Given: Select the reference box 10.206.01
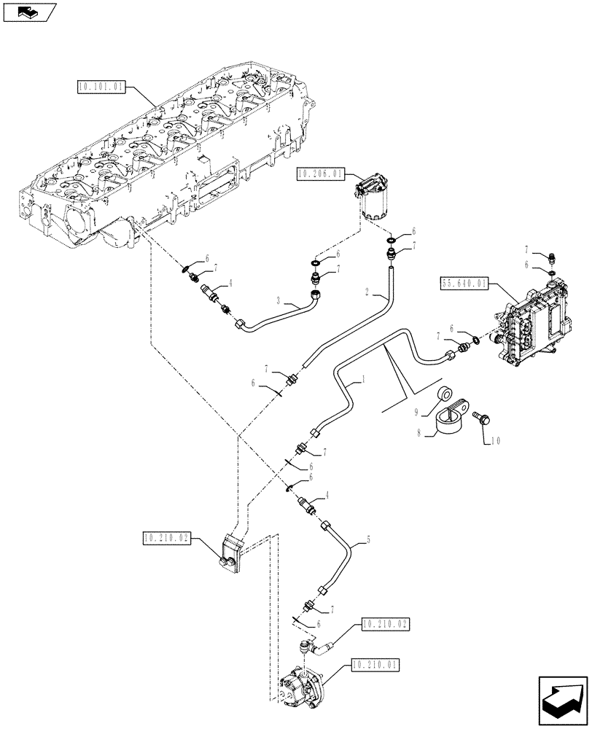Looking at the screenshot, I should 322,173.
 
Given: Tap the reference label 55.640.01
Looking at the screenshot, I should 465,283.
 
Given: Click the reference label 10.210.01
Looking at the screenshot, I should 376,664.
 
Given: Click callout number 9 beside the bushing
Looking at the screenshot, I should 416,412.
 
